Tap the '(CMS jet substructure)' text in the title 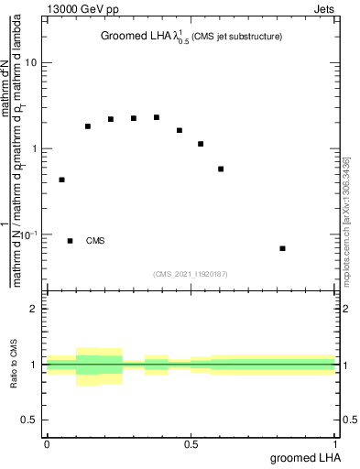(236, 37)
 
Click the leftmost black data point (61, 180)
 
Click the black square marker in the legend (71, 241)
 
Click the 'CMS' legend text (95, 241)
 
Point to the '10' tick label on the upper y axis (31, 63)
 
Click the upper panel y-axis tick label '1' (35, 148)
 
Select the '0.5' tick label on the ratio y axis (30, 420)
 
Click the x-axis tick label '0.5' (191, 446)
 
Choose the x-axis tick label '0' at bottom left (47, 446)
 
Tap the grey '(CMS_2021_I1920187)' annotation (191, 274)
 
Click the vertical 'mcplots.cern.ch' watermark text (346, 220)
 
